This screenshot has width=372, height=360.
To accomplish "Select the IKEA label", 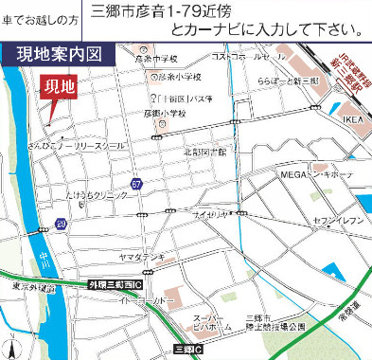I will (352, 120).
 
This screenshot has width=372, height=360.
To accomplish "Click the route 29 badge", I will (61, 224).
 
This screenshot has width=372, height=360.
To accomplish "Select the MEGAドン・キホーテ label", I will (314, 175).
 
